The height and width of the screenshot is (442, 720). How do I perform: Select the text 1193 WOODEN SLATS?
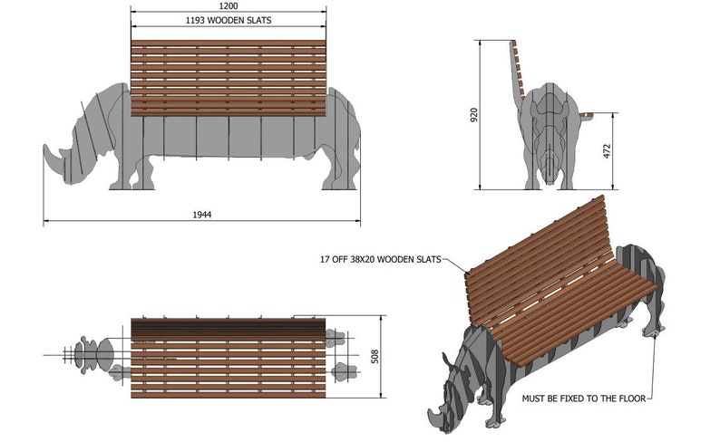228,19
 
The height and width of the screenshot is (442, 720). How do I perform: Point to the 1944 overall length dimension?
203,215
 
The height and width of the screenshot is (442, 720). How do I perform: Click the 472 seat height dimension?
607,151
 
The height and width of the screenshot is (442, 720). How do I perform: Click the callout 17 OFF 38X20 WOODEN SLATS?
380,259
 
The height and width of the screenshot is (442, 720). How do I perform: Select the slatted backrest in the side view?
228,78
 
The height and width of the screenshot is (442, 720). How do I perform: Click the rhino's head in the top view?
91,354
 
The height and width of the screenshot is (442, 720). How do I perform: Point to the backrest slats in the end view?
519,68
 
